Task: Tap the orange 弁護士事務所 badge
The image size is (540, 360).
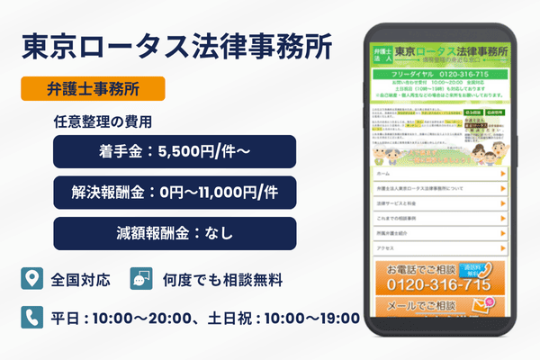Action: (93, 89)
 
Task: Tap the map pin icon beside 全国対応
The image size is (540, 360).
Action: (31, 278)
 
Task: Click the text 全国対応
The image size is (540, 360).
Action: (81, 279)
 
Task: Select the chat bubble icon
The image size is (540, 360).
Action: (141, 278)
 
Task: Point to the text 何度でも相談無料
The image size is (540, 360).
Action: (222, 279)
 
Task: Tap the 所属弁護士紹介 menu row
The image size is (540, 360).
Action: (437, 229)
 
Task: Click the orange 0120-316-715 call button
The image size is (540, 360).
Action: (437, 279)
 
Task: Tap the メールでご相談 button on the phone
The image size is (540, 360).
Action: (437, 309)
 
